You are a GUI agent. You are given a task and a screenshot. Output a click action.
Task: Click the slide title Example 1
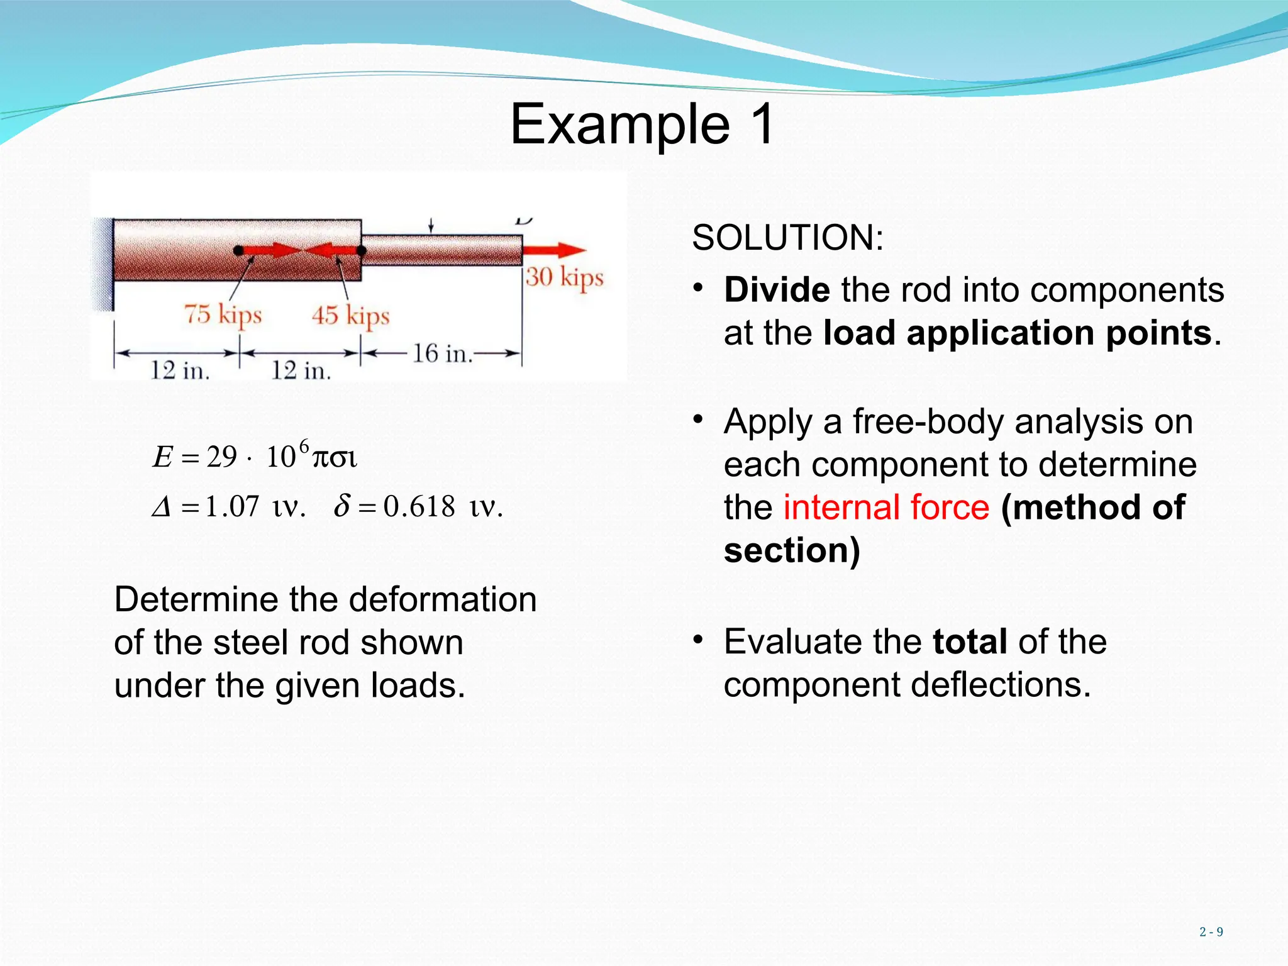tap(642, 124)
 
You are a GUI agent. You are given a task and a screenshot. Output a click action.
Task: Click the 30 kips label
tap(564, 277)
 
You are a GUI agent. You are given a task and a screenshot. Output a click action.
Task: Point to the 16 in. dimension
tap(442, 354)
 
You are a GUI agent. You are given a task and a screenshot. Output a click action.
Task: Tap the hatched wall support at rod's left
tap(103, 264)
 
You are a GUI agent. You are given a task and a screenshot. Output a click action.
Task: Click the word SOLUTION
tap(787, 238)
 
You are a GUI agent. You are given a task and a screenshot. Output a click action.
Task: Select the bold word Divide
tap(777, 290)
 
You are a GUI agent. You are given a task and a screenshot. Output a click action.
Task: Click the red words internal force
tap(886, 508)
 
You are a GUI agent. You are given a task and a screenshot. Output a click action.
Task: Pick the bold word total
tap(970, 642)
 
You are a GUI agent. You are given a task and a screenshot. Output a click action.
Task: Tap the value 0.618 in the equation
tap(419, 507)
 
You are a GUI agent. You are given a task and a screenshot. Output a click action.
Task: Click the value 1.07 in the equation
tap(232, 507)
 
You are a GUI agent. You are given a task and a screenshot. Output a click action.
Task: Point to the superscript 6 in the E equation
tap(304, 447)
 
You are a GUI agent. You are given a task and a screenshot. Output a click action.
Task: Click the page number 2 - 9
tap(1211, 932)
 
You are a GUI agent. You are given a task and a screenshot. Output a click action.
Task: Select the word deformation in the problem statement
tap(443, 599)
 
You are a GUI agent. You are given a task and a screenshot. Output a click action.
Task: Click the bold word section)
tap(791, 550)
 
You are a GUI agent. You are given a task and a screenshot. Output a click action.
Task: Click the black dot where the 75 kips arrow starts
tap(238, 250)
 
